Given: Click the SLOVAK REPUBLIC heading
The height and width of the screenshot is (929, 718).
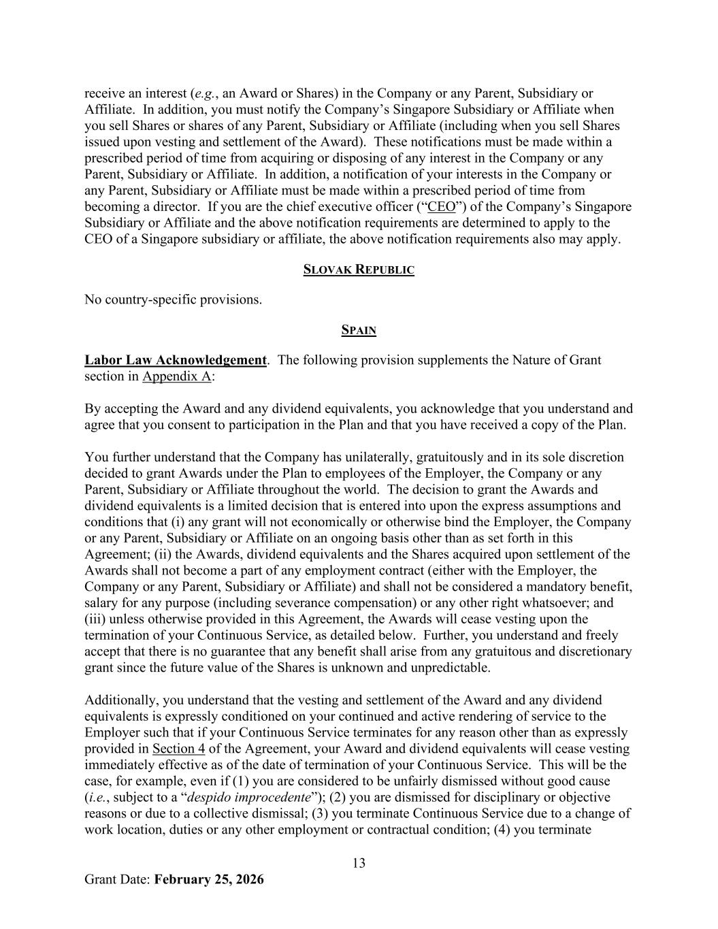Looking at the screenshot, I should tap(359, 270).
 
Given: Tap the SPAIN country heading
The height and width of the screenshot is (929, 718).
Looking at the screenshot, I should tap(359, 331).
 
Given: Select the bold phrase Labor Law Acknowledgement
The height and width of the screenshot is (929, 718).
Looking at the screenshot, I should tap(175, 360).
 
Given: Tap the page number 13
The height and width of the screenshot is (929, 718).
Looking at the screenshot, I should tap(359, 863).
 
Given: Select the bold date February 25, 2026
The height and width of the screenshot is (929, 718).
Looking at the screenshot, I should tap(209, 879).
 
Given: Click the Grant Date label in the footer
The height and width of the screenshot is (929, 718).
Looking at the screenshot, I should tap(117, 879).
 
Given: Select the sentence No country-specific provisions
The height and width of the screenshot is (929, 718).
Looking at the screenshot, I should tap(173, 299).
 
